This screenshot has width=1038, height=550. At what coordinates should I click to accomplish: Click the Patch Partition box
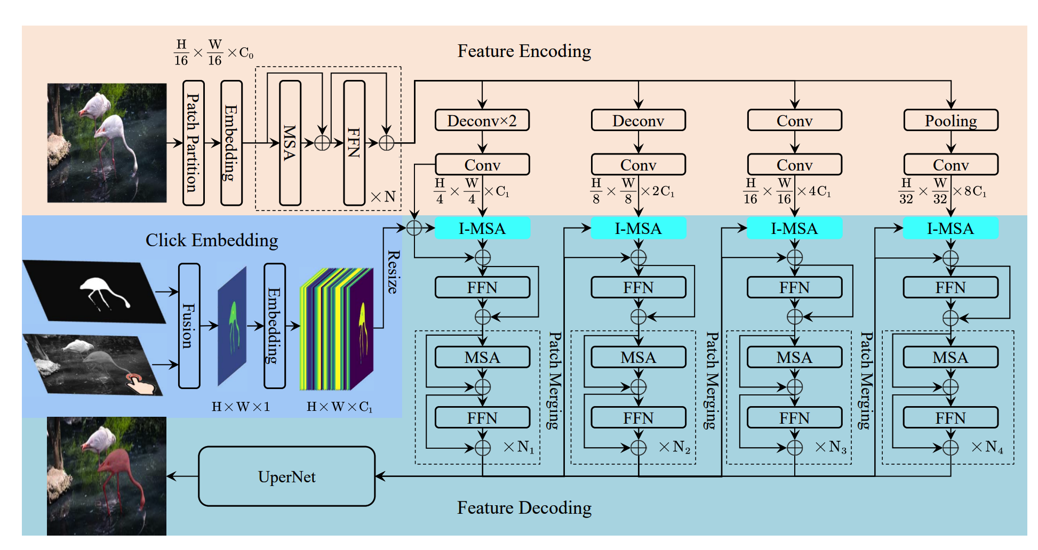[x=193, y=143]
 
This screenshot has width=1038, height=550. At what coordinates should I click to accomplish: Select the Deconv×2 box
[x=482, y=120]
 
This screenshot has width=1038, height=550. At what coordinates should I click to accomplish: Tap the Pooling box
[x=951, y=120]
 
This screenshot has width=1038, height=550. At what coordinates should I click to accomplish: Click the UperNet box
[x=286, y=476]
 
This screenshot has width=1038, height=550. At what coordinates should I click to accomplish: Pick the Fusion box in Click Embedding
[x=189, y=326]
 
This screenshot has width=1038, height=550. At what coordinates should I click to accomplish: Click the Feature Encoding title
[x=524, y=51]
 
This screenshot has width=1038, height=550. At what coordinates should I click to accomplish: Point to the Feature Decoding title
[x=524, y=508]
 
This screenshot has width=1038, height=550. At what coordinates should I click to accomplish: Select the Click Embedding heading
[x=212, y=240]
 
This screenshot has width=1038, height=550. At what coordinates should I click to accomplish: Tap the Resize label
[x=393, y=272]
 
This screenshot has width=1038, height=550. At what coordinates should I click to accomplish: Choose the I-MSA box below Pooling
[x=951, y=229]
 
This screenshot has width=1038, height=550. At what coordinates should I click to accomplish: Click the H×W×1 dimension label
[x=241, y=407]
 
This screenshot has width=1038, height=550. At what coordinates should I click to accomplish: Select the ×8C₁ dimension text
[x=970, y=191]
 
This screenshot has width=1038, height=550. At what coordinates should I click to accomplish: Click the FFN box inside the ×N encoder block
[x=354, y=143]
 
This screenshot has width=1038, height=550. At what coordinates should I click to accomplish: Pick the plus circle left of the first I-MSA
[x=414, y=228]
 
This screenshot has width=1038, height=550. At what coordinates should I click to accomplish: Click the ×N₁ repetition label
[x=518, y=447]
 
